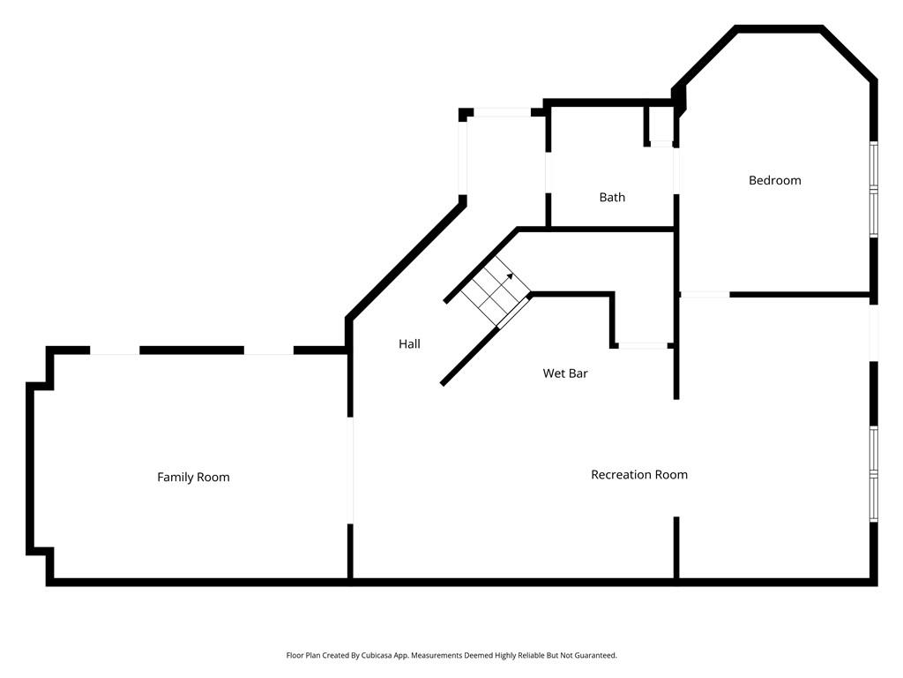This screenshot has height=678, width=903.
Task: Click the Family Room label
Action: (193, 478)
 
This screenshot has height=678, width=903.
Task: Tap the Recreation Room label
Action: (638, 475)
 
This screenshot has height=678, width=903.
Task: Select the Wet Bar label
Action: (564, 373)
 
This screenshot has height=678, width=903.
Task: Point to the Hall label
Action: (409, 344)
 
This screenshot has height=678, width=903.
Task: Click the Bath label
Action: (612, 198)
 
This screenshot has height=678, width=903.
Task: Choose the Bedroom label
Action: (774, 181)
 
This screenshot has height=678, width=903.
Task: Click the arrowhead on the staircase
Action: (510, 276)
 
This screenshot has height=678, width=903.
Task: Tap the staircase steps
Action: (488, 292)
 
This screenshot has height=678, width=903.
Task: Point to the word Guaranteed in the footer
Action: (596, 656)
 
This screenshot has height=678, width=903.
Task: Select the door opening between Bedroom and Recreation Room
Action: (705, 294)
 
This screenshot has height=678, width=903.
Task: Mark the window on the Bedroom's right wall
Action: (873, 189)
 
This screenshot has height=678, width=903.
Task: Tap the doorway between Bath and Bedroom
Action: (676, 168)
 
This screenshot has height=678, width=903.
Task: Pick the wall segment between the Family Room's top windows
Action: (191, 350)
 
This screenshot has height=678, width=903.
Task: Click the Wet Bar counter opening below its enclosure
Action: (641, 345)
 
